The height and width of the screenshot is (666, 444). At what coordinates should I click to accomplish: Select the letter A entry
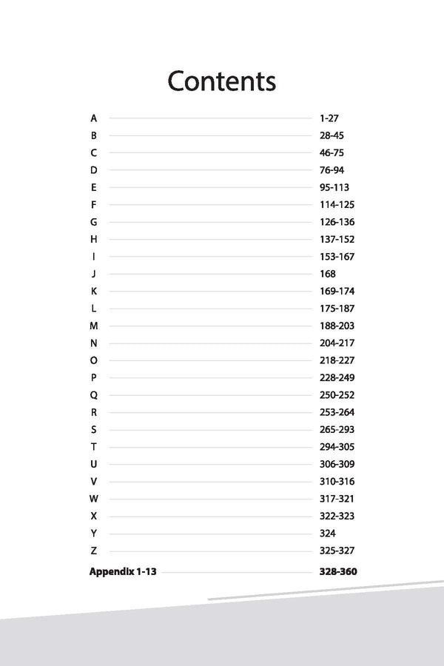pyautogui.click(x=93, y=118)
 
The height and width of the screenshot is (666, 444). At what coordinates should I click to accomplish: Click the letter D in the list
pyautogui.click(x=93, y=170)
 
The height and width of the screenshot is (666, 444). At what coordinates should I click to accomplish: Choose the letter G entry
pyautogui.click(x=93, y=222)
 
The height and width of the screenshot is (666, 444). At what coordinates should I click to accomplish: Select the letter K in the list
pyautogui.click(x=93, y=292)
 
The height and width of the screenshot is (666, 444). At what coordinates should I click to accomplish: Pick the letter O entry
pyautogui.click(x=93, y=360)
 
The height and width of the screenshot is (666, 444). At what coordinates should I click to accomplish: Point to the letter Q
pyautogui.click(x=93, y=395)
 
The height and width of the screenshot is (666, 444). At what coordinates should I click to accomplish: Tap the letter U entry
pyautogui.click(x=93, y=464)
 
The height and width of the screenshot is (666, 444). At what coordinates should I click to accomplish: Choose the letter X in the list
pyautogui.click(x=93, y=516)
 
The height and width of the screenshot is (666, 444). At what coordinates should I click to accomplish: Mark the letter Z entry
pyautogui.click(x=93, y=551)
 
